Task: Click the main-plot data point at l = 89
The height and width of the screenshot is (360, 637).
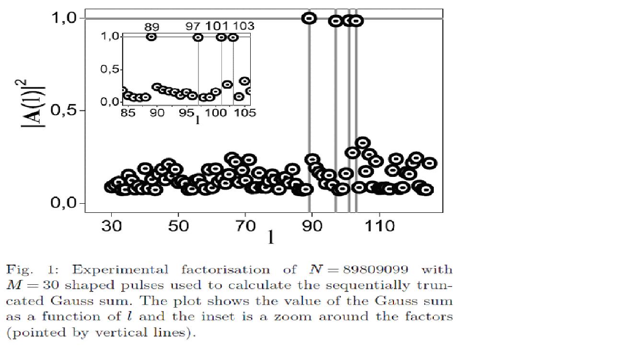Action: coord(309,18)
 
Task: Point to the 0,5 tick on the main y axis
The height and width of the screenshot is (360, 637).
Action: coord(66,111)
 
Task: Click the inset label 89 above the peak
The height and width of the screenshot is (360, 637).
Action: coord(151,27)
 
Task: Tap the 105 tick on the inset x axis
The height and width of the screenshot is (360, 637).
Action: coord(246,113)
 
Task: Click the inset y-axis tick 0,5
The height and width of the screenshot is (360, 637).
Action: coord(110,70)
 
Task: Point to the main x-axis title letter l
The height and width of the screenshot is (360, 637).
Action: coord(271,236)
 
